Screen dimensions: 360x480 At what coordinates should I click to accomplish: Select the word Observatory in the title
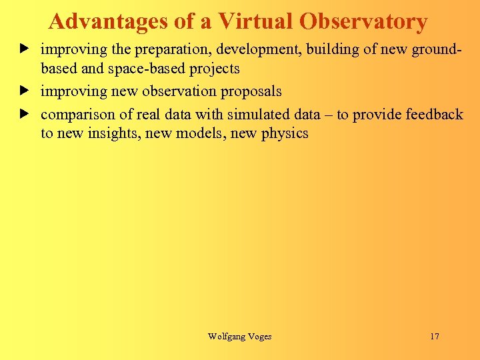(x=363, y=22)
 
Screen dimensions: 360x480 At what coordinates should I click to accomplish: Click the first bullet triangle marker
(x=24, y=49)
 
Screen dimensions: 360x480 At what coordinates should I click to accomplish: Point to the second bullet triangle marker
(x=24, y=90)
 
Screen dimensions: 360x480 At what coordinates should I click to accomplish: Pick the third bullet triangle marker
(x=24, y=113)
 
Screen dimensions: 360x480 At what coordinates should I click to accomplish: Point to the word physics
(x=285, y=133)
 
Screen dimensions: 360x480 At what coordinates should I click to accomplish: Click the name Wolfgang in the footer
(x=227, y=337)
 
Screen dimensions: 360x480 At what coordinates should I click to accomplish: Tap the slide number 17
(x=435, y=337)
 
